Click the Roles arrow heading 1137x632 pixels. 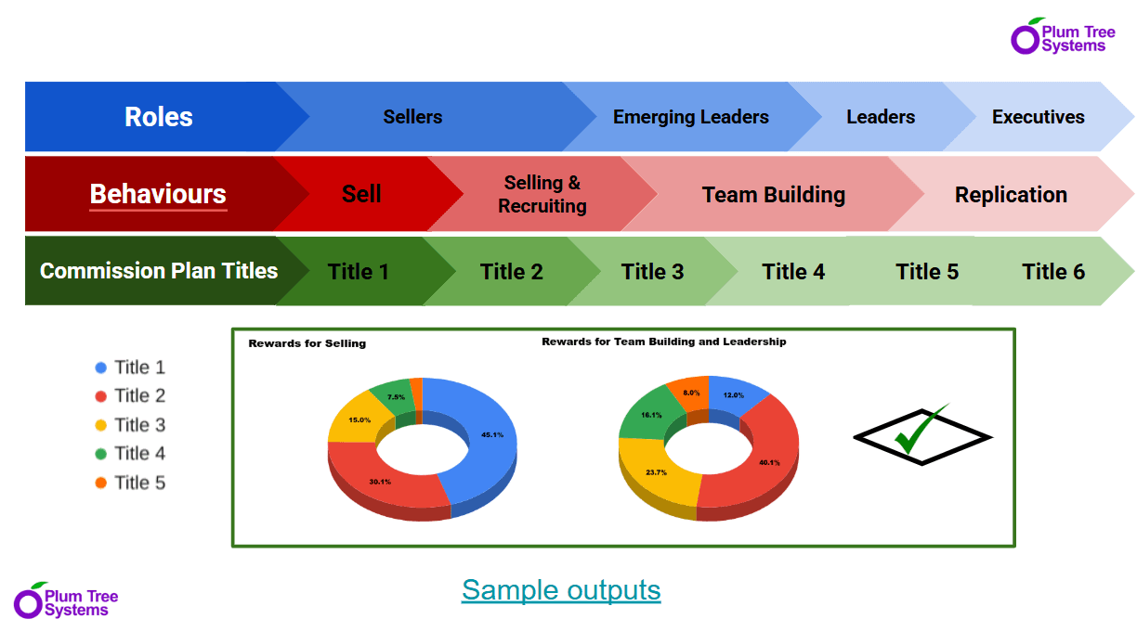pyautogui.click(x=159, y=117)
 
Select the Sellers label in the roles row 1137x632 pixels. pyautogui.click(x=412, y=117)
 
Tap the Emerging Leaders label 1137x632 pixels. pyautogui.click(x=690, y=117)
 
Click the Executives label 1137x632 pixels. pyautogui.click(x=1038, y=117)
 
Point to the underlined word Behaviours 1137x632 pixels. pyautogui.click(x=158, y=194)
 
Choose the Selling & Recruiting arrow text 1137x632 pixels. pyautogui.click(x=542, y=194)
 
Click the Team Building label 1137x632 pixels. pyautogui.click(x=773, y=195)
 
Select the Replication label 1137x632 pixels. pyautogui.click(x=1011, y=195)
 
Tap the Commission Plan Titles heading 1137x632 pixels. pyautogui.click(x=159, y=271)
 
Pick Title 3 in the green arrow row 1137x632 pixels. pyautogui.click(x=652, y=272)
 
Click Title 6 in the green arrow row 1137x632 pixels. pyautogui.click(x=1052, y=272)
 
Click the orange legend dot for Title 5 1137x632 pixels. pyautogui.click(x=101, y=483)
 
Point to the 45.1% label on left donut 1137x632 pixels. pyautogui.click(x=492, y=434)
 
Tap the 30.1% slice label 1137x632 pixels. pyautogui.click(x=380, y=482)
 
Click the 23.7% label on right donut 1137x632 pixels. pyautogui.click(x=656, y=472)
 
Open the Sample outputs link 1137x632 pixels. pyautogui.click(x=561, y=590)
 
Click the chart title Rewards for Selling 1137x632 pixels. pyautogui.click(x=307, y=343)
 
